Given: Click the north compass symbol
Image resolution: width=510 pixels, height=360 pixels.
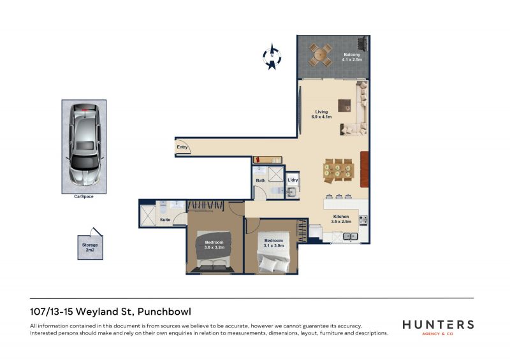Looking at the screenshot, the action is pos(272,56).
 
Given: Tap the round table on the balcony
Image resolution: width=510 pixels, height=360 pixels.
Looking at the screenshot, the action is pos(321,55).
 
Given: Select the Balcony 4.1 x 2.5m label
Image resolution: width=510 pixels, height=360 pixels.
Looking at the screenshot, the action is pos(352,57).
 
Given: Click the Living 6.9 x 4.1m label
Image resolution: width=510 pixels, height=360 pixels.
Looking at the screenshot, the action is pos(321,114).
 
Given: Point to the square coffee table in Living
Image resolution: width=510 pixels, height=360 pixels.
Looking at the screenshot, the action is pos(344,106).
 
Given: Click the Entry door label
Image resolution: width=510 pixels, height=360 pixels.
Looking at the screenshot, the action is pos(182,147).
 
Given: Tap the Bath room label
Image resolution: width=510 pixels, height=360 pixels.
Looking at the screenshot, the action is pos(261,180).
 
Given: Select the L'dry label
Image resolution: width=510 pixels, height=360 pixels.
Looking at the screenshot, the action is pos(293,180).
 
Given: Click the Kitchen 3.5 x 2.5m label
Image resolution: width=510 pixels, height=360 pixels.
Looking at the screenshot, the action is pos(341,219).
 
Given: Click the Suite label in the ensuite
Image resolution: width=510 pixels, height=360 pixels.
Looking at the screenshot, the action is pos(165,220).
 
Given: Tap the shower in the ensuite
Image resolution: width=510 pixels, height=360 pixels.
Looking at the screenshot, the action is pos(148,215).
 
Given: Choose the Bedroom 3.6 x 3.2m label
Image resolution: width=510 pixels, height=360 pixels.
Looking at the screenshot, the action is pos(214,245).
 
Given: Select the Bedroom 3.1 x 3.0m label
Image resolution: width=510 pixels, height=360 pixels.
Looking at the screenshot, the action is pos(273,243).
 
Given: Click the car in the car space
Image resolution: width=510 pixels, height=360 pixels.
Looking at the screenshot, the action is pos(84,145).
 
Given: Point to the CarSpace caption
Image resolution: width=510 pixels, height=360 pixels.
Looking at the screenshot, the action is pos(84,196).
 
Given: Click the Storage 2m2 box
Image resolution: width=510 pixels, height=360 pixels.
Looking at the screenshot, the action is pos(90,247).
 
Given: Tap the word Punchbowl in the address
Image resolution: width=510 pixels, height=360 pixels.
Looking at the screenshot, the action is pos(164,312).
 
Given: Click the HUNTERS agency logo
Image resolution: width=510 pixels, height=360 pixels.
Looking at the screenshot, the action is pos(438,327).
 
